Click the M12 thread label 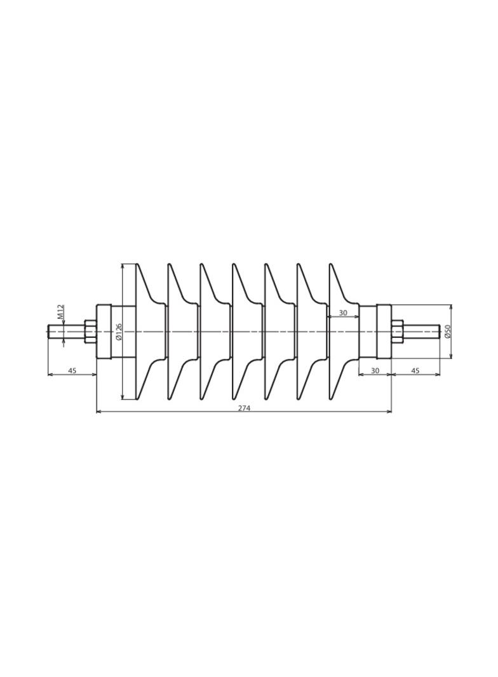[x=61, y=312]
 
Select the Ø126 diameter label [x=119, y=331]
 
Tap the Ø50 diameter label [x=447, y=331]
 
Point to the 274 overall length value [x=244, y=408]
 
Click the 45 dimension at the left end [x=72, y=370]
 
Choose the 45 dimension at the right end [x=415, y=370]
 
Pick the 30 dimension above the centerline [x=343, y=313]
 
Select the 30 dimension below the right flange [x=375, y=370]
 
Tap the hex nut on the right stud [x=398, y=332]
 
